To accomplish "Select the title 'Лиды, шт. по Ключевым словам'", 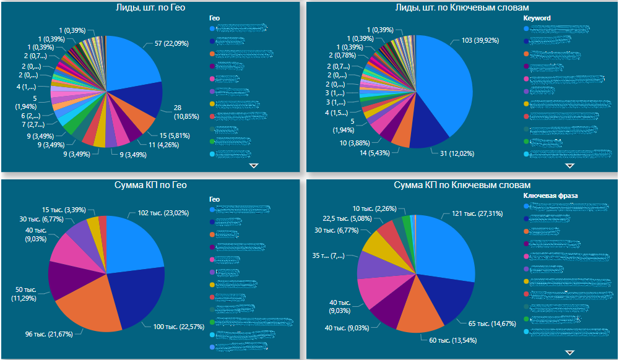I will pos(462,7).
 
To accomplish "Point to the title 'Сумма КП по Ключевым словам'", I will pos(462,185).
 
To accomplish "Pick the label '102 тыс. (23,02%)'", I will pos(159,213).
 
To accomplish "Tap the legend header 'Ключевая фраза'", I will pos(550,195).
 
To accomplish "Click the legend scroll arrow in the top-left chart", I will pos(253,166).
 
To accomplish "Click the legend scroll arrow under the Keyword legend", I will pos(569,166).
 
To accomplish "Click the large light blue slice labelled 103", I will pos(449,80).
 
